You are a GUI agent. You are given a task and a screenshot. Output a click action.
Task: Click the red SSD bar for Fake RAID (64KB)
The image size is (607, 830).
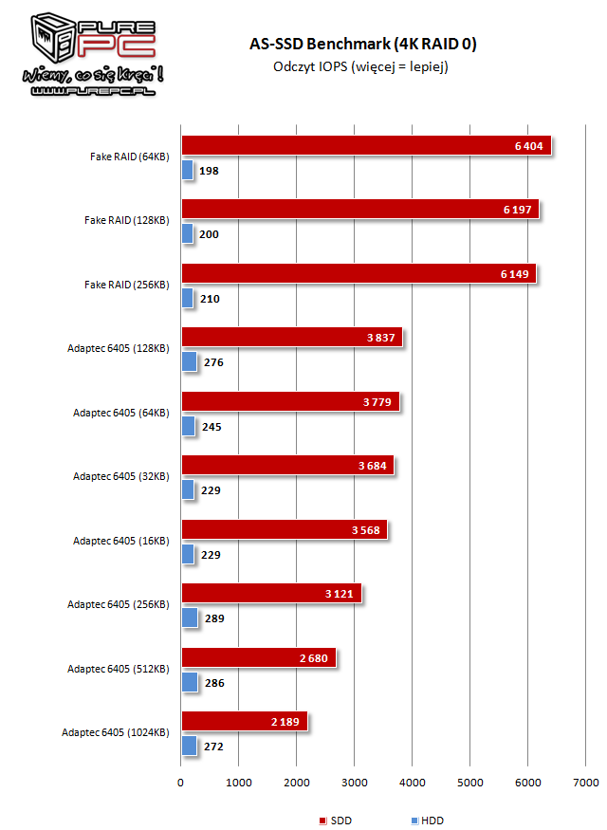(365, 145)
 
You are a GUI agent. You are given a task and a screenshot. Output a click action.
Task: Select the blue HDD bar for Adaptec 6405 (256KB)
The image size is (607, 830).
(189, 618)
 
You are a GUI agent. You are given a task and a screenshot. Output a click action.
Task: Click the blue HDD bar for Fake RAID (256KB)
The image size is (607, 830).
(187, 298)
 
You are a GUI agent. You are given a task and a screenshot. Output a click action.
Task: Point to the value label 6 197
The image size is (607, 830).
(520, 210)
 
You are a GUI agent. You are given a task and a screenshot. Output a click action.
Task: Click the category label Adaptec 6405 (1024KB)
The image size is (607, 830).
(115, 732)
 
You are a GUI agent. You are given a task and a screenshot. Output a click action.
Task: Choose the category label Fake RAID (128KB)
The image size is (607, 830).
(126, 220)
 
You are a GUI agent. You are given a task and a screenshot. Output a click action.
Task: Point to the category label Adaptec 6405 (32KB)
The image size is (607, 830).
(120, 476)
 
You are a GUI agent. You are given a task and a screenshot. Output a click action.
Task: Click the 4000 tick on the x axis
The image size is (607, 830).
(413, 783)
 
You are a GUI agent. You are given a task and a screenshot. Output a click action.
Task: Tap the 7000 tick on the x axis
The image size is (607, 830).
(586, 783)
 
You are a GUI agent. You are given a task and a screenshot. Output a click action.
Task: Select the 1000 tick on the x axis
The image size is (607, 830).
(239, 783)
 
